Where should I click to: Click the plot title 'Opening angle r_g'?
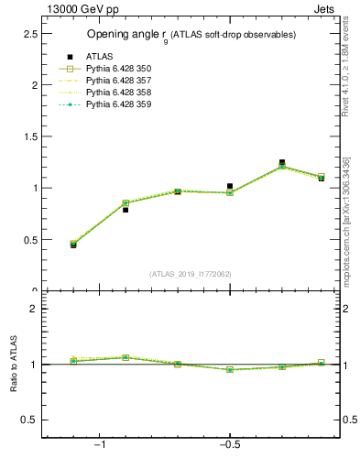coord(191,35)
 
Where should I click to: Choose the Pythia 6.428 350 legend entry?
coord(117,69)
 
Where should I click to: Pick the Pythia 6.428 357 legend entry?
coord(117,81)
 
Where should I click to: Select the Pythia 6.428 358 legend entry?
coord(117,93)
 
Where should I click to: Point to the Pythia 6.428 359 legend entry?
coord(117,104)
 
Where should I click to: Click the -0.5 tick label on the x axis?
coord(229,444)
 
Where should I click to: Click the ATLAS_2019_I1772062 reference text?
coord(191,274)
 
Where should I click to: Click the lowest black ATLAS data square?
coord(73,245)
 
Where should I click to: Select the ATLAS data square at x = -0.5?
coord(230,186)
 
